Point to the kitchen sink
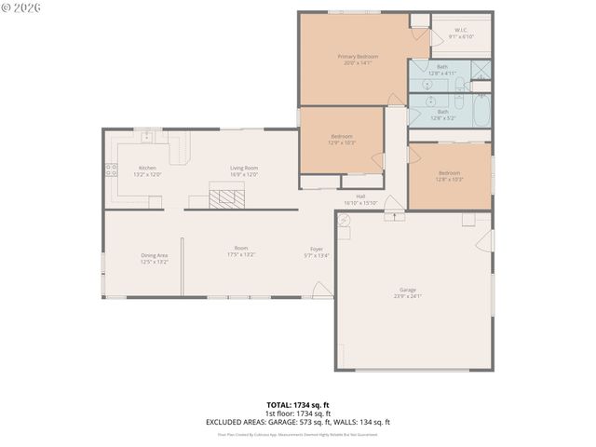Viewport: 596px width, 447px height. (147, 137)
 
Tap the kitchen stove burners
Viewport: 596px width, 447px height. (111, 169)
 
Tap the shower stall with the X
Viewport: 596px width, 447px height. (481, 72)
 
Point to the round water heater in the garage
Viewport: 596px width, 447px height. (345, 220)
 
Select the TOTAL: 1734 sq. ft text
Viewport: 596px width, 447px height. (298, 405)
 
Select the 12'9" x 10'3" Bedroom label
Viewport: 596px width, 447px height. (341, 140)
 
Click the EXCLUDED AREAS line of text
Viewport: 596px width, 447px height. (298, 422)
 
